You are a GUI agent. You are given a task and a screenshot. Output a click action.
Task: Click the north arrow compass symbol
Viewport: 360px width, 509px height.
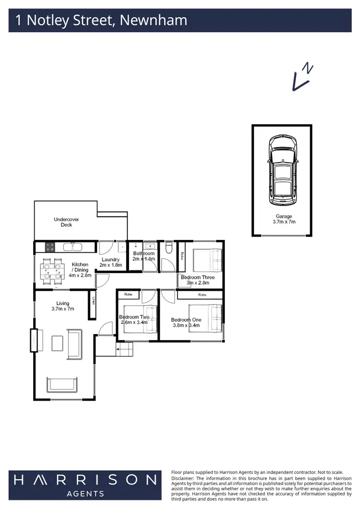(302, 77)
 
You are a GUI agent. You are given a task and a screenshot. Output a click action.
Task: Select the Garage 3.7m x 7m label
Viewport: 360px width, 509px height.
(283, 219)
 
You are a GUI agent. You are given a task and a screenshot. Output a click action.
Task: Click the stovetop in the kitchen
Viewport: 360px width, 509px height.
(49, 247)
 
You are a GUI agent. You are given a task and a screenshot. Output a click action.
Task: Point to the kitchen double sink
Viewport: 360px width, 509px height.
(74, 247)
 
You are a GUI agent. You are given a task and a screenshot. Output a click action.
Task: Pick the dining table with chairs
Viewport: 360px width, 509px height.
(52, 270)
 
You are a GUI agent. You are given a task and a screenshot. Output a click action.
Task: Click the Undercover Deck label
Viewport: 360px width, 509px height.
(66, 222)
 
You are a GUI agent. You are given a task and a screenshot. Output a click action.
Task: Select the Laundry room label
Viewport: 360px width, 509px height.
(110, 262)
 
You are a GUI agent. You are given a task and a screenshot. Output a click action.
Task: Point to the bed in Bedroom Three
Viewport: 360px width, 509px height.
(207, 259)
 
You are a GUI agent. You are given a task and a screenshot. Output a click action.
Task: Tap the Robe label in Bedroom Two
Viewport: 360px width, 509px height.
(128, 294)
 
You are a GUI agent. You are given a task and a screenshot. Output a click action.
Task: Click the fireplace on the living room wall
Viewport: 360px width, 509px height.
(34, 341)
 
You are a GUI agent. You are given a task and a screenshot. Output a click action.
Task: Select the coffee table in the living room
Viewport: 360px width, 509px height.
(57, 343)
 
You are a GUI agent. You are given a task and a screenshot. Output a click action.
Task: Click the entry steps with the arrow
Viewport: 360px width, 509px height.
(124, 350)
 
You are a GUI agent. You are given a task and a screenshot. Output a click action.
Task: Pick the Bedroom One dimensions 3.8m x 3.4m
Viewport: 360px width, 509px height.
(187, 325)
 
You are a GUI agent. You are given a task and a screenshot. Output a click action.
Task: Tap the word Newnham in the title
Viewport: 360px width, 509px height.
(153, 21)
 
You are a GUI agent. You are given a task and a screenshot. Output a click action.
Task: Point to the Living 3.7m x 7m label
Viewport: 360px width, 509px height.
(62, 306)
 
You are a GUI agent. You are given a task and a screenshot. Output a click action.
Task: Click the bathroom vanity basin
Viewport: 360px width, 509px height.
(150, 247)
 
